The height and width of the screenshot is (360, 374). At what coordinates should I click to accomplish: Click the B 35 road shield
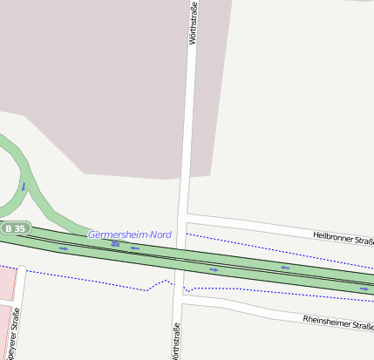pos(15,228)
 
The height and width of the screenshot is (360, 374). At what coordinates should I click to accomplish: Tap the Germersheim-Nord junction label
pos(130,234)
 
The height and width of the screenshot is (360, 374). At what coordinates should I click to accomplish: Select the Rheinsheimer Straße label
pos(337,322)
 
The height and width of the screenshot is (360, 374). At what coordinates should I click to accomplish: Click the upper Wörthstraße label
pos(193,24)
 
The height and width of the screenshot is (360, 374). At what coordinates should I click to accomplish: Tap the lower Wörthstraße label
pos(176,341)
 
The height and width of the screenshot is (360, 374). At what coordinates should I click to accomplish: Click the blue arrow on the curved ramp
pos(24,186)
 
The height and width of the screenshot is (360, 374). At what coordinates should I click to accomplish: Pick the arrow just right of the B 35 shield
pos(64,248)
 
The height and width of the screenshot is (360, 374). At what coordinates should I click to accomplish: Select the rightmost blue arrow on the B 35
pos(364,289)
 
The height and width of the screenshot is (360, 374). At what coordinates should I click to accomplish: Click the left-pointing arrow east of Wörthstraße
pos(284,268)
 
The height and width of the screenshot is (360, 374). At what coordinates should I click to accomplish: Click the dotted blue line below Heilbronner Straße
pos(262,246)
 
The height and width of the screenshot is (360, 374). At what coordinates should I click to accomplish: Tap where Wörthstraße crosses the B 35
pos(182,259)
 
